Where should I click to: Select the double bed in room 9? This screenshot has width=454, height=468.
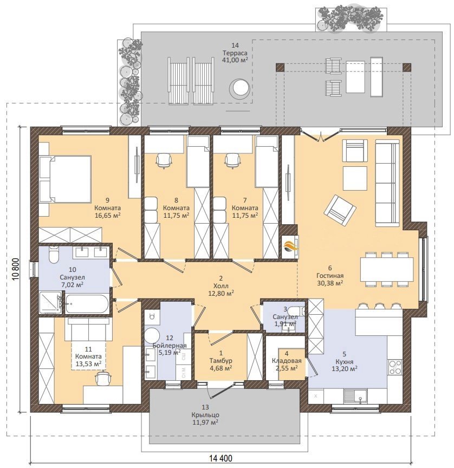coord(65,179)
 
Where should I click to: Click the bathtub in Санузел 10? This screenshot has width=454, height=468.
coord(87,304)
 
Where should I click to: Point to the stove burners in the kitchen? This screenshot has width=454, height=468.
coord(395,367)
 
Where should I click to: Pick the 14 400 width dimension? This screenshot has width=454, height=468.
coord(220,458)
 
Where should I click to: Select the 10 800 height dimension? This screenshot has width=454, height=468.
coord(16,269)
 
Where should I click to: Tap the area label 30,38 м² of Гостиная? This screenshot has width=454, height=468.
coord(330,283)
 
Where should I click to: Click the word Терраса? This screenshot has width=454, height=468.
coord(235,53)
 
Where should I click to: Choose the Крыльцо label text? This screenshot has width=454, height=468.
coord(205,415)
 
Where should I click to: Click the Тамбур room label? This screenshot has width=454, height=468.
coord(221,361)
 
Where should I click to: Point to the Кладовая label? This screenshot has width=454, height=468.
coord(287,361)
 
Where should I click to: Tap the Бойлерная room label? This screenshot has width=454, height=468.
coord(169,346)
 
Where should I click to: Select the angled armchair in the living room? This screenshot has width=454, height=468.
coord(340,211)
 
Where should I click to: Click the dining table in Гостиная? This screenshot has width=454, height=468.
coord(387,270)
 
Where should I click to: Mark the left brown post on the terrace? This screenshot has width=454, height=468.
coord(280,67)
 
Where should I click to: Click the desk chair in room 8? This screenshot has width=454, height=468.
coord(164,160)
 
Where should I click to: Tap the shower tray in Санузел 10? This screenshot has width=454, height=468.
coord(50,303)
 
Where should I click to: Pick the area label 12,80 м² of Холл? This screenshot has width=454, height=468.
coord(221,294)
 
